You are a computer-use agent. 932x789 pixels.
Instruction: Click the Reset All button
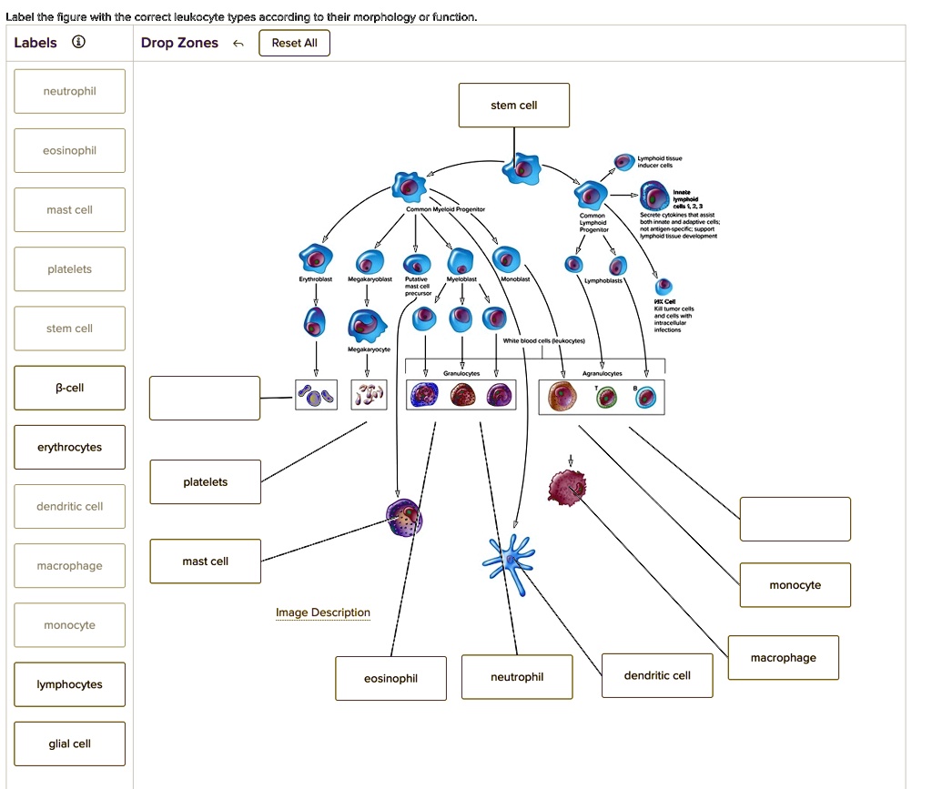[x=294, y=43]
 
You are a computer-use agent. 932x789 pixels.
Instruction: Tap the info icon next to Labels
[x=79, y=43]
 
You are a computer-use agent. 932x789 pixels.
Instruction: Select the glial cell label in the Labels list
[x=70, y=743]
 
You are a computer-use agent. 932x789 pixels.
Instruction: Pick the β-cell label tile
[x=70, y=388]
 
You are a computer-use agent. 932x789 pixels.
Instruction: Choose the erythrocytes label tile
[x=70, y=447]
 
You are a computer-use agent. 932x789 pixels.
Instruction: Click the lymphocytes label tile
[x=70, y=684]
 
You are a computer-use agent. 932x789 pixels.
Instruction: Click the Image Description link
[x=323, y=612]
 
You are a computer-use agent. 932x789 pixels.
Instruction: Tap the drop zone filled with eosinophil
[x=390, y=678]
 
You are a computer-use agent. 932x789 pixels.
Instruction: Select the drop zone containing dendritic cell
[x=657, y=675]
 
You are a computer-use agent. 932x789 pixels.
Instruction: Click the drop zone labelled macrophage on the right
[x=783, y=657]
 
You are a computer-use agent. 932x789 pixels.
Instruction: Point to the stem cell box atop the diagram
[x=514, y=106]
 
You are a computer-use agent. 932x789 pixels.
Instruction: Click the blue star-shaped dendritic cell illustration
[x=510, y=557]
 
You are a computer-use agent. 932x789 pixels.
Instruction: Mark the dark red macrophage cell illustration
[x=569, y=488]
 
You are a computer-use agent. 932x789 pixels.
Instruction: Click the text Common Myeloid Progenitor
[x=445, y=209]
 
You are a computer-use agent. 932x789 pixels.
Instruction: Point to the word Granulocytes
[x=461, y=373]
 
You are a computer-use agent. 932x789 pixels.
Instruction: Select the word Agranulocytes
[x=602, y=373]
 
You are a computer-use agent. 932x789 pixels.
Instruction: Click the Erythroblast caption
[x=315, y=279]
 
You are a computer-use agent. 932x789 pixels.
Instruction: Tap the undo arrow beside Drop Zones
[x=238, y=43]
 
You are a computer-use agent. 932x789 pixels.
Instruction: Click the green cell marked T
[x=607, y=397]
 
